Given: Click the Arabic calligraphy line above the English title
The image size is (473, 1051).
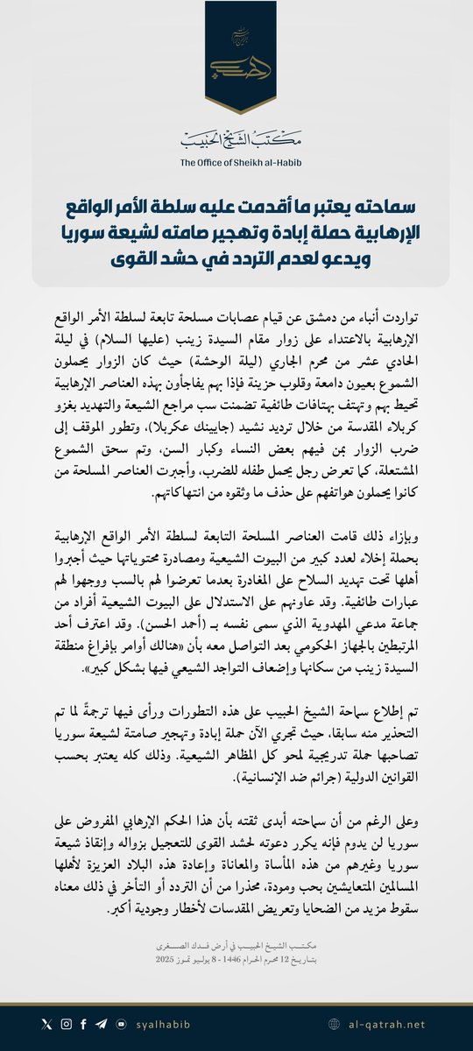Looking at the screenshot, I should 236,138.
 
